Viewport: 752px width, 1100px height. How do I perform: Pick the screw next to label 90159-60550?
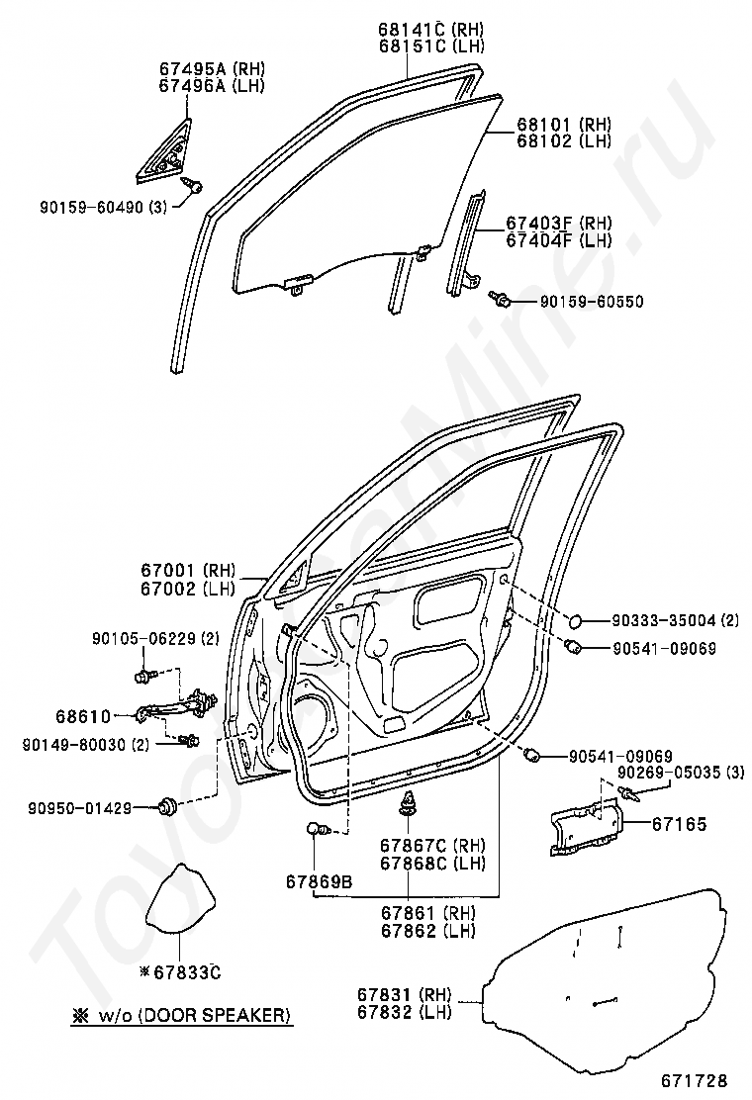coord(500,296)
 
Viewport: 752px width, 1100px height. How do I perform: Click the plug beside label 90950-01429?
coord(166,807)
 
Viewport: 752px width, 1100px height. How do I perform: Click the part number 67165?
coord(679,823)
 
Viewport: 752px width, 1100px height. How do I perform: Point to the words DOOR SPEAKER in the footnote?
coord(229,1015)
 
